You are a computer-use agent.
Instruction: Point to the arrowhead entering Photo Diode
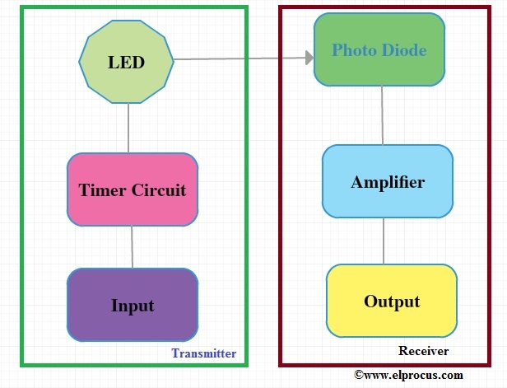[x=309, y=58]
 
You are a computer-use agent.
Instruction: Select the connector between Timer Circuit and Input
[x=132, y=247]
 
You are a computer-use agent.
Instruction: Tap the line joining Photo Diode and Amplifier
[x=383, y=115]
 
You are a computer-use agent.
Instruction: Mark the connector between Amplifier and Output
[x=384, y=241]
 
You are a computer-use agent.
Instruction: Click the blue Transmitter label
[x=203, y=353]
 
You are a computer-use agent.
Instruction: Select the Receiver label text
[x=423, y=351]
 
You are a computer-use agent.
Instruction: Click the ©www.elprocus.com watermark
[x=408, y=375]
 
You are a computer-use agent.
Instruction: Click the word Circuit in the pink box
[x=159, y=190]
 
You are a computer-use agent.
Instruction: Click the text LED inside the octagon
[x=126, y=62]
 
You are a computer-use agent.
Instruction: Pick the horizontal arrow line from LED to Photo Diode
[x=239, y=58]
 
